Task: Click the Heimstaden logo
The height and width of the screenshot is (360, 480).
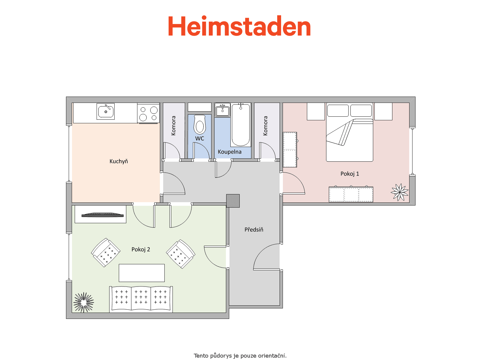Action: tap(239, 26)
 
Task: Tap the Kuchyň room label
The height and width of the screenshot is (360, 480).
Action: tap(118, 161)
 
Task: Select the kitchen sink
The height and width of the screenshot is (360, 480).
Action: tap(106, 112)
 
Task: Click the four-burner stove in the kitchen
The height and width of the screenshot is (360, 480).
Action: tap(148, 113)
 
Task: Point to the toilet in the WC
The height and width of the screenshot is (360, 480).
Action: tap(200, 124)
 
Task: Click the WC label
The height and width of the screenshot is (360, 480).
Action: tap(199, 138)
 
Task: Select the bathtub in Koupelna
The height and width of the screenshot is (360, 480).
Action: tap(241, 125)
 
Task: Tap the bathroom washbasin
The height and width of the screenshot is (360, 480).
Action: tap(222, 110)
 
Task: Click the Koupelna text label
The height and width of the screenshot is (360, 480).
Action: tap(229, 152)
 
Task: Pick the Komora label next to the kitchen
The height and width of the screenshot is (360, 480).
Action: tap(173, 126)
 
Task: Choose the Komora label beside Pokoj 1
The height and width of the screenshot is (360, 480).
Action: tap(265, 126)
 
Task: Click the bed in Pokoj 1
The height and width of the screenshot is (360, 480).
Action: tap(349, 132)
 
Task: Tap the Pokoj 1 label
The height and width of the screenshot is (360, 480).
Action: tap(350, 174)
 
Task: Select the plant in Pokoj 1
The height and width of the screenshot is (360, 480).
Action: tap(400, 192)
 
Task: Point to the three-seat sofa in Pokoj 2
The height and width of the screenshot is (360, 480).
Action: tap(141, 299)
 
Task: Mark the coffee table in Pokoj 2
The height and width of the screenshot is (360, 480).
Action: tap(142, 273)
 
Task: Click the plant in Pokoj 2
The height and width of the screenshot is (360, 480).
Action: tap(83, 302)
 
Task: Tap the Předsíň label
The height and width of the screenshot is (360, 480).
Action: tap(254, 230)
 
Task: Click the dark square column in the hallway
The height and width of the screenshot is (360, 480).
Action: tap(233, 201)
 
